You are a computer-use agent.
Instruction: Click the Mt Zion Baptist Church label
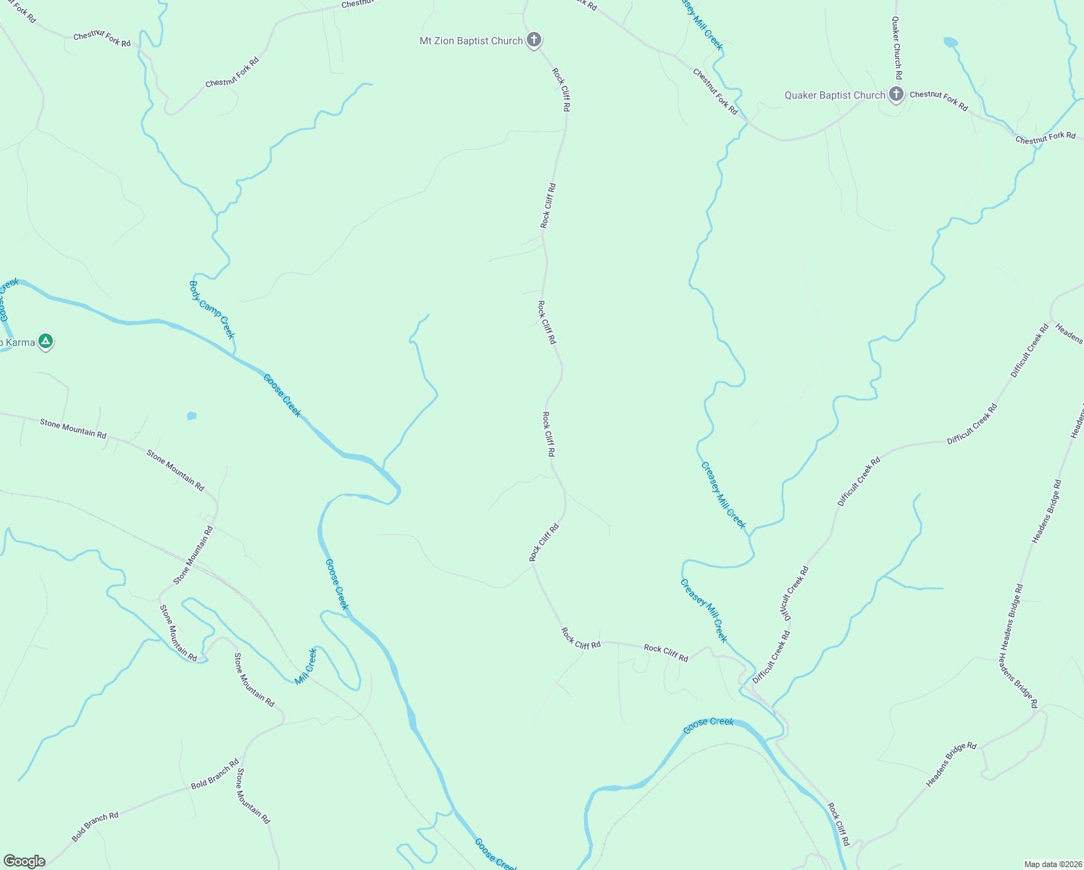coord(471,41)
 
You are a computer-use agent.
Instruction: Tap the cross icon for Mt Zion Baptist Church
coord(534,40)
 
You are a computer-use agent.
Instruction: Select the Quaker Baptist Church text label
coord(835,95)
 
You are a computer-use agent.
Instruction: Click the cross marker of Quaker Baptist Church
coord(896,94)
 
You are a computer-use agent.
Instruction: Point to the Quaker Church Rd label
coord(897,48)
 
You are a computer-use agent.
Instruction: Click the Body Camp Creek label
coord(212,310)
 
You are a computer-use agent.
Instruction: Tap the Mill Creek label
coord(307,666)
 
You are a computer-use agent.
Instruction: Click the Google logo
coord(24,861)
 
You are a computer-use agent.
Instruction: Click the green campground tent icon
coord(46,341)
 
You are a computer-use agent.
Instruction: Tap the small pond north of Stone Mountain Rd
coord(191,415)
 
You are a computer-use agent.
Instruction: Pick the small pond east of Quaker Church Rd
coord(950,42)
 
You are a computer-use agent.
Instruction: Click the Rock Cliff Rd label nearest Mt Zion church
coord(561,89)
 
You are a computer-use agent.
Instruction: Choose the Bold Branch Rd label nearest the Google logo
coord(95,827)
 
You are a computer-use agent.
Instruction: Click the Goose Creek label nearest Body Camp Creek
coord(282,395)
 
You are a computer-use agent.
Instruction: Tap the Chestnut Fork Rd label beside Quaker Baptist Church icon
coord(938,101)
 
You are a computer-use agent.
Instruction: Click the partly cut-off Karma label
coord(17,342)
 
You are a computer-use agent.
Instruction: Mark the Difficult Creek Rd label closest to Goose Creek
coord(771,657)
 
